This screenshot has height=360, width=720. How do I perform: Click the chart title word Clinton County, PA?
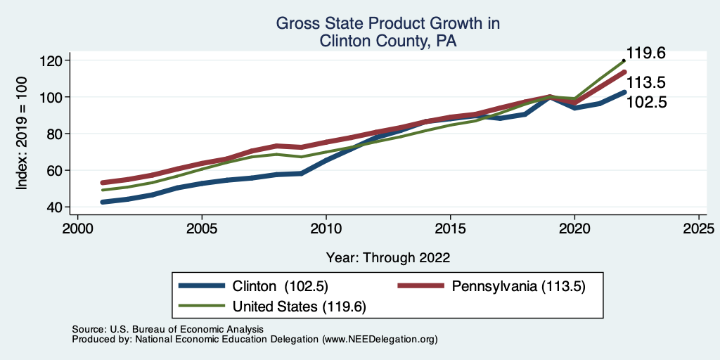388,41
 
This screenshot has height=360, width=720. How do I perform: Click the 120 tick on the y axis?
51,60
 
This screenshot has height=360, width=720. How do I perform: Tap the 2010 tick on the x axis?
326,230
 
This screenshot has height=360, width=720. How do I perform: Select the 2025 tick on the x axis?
699,230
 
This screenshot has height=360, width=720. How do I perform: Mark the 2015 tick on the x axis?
450,230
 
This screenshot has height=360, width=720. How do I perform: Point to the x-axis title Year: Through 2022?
388,257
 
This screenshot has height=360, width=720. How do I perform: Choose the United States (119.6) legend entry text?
295,307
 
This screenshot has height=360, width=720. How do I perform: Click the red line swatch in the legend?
421,286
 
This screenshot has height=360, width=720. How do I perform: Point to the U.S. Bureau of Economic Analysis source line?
167,329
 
